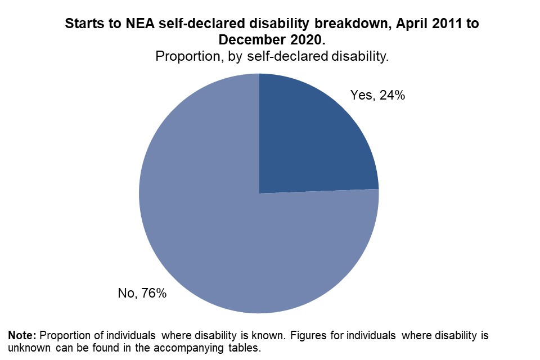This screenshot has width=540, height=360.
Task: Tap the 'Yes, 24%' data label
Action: [378, 96]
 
